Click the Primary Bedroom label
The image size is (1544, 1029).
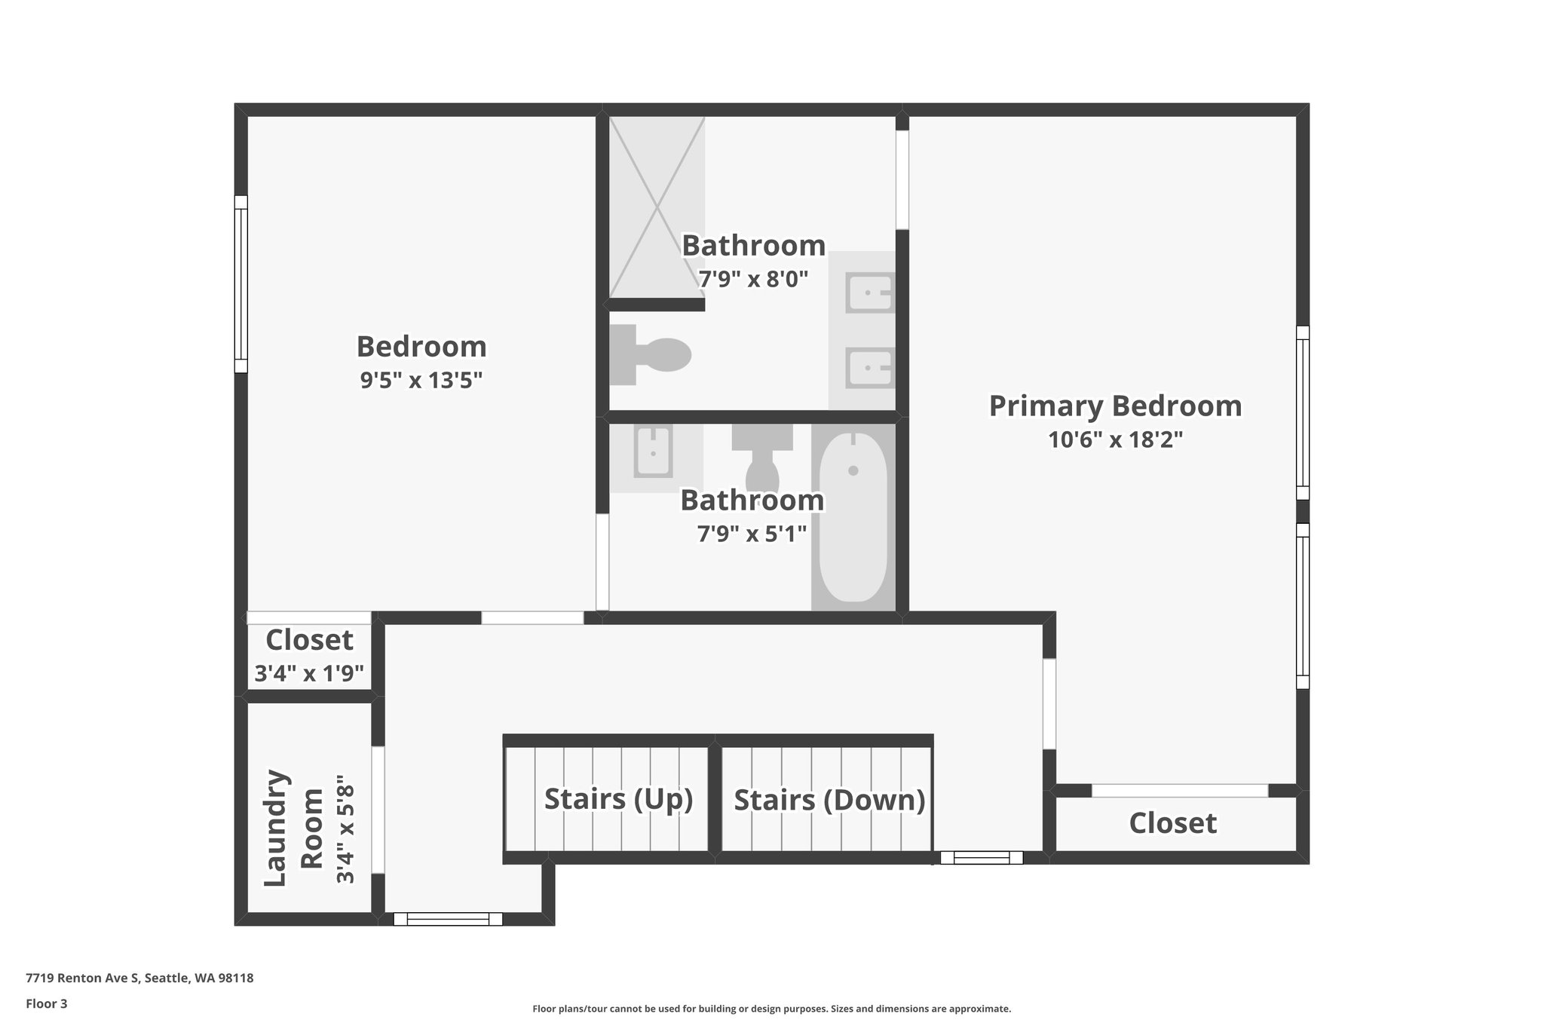(1115, 406)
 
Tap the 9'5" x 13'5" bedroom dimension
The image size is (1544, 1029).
(421, 380)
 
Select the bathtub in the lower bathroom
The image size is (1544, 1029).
(853, 517)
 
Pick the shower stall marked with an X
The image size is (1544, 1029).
(657, 207)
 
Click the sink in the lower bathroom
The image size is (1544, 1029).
(653, 452)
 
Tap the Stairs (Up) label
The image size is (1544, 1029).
(618, 798)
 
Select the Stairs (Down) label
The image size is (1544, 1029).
(829, 800)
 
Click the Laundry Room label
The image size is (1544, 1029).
(293, 828)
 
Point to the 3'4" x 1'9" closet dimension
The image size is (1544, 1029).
(309, 673)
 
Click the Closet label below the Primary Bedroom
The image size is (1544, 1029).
(1172, 823)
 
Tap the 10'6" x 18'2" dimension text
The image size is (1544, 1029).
(1115, 439)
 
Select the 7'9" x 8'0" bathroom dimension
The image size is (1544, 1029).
(753, 280)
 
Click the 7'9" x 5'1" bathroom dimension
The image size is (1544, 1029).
(752, 534)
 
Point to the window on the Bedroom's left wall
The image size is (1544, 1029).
(240, 284)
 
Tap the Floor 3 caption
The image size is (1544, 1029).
(47, 1003)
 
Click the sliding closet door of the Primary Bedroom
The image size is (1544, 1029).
(1180, 791)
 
